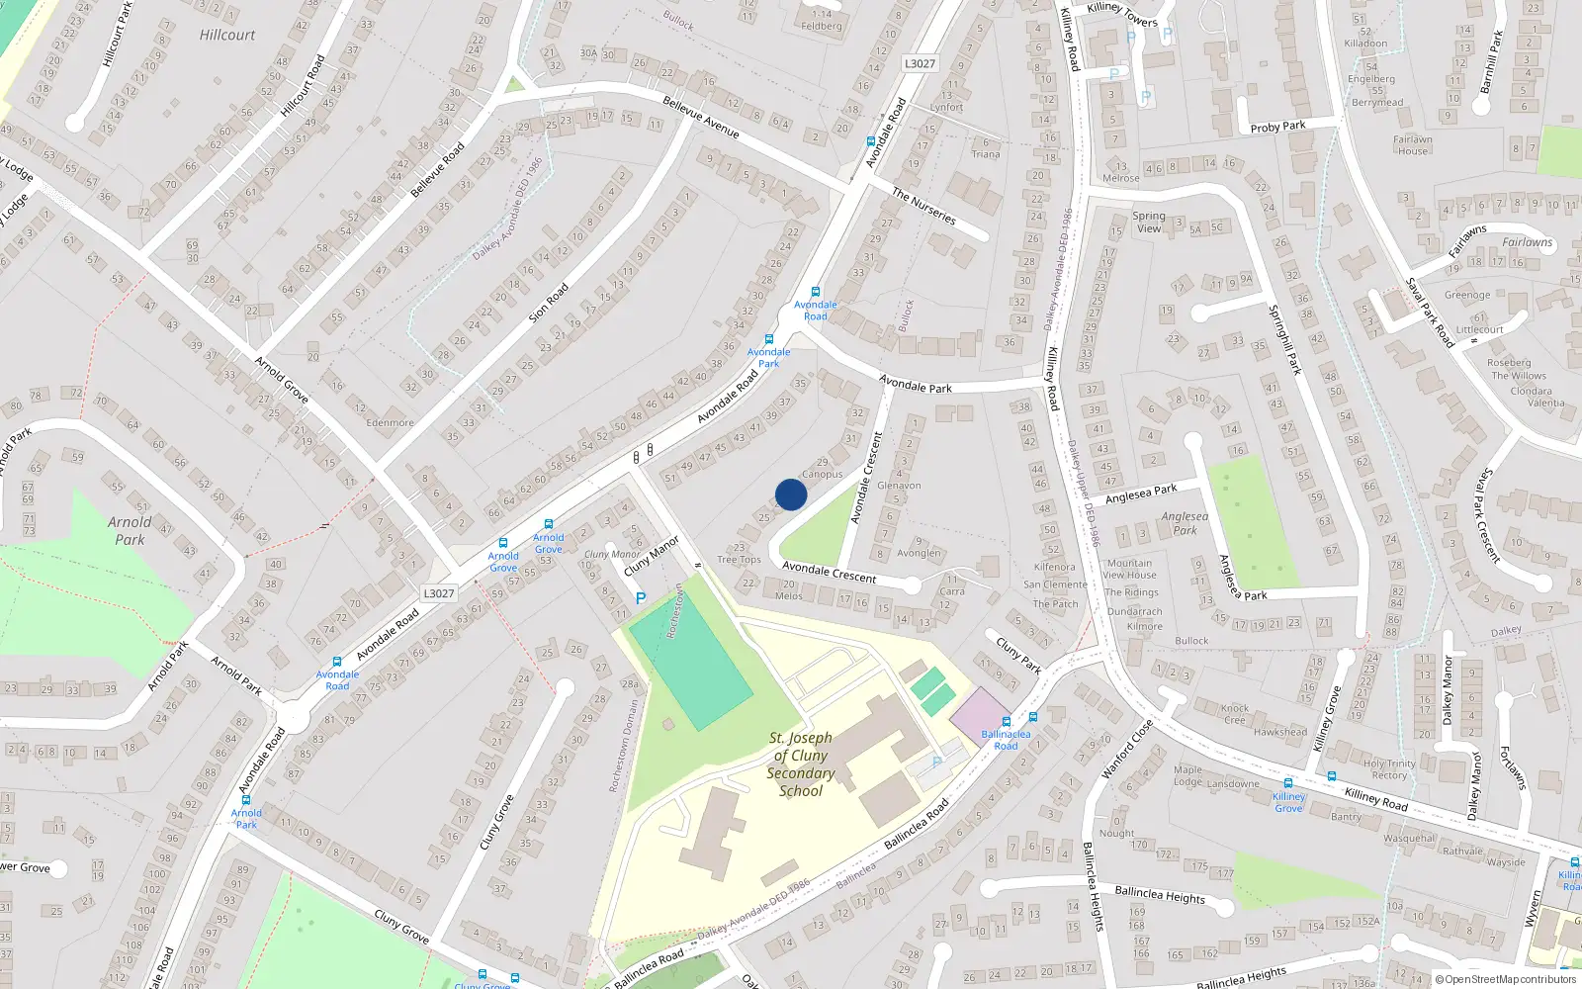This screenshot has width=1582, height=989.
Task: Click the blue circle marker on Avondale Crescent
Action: (x=791, y=494)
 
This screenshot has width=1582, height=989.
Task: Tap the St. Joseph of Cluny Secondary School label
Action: (x=800, y=764)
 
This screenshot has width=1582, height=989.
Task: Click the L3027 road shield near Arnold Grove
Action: (x=439, y=593)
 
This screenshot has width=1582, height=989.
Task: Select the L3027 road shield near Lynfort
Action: (x=920, y=63)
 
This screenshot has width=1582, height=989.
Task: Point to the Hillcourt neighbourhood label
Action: (x=227, y=35)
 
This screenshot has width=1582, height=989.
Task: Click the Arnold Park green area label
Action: (x=130, y=531)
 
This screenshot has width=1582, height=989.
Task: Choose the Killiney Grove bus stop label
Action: (x=1288, y=802)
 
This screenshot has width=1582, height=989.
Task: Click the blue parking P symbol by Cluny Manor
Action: (x=641, y=598)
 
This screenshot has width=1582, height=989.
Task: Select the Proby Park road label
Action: (x=1277, y=127)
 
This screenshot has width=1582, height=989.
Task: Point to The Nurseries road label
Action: (x=924, y=206)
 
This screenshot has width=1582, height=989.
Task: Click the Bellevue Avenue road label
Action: (x=701, y=117)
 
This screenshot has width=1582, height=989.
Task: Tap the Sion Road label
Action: (x=549, y=304)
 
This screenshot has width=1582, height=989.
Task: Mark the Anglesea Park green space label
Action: (x=1185, y=523)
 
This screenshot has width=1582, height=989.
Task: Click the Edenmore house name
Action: (x=391, y=422)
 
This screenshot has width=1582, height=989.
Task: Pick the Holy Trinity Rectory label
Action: (x=1389, y=769)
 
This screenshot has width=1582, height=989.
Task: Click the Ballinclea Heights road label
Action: (x=1160, y=895)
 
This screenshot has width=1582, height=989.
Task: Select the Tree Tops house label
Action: (x=740, y=560)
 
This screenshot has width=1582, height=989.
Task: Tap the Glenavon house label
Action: (x=899, y=486)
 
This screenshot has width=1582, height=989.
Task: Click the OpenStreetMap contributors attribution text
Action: (x=1506, y=980)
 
